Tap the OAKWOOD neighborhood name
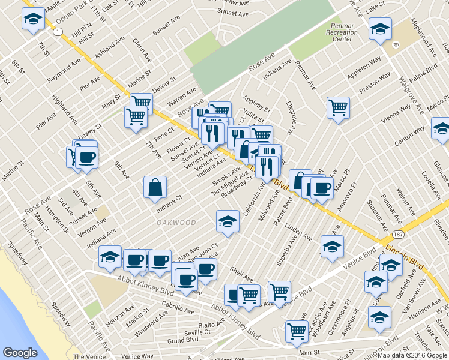[176, 223]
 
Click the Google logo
[20, 353]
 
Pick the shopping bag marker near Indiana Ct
[155, 187]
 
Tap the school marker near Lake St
[379, 28]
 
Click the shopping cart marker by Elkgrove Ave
[339, 107]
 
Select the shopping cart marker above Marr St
[297, 331]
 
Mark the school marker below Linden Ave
[332, 245]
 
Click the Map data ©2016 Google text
[412, 355]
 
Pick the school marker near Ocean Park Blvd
[33, 19]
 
